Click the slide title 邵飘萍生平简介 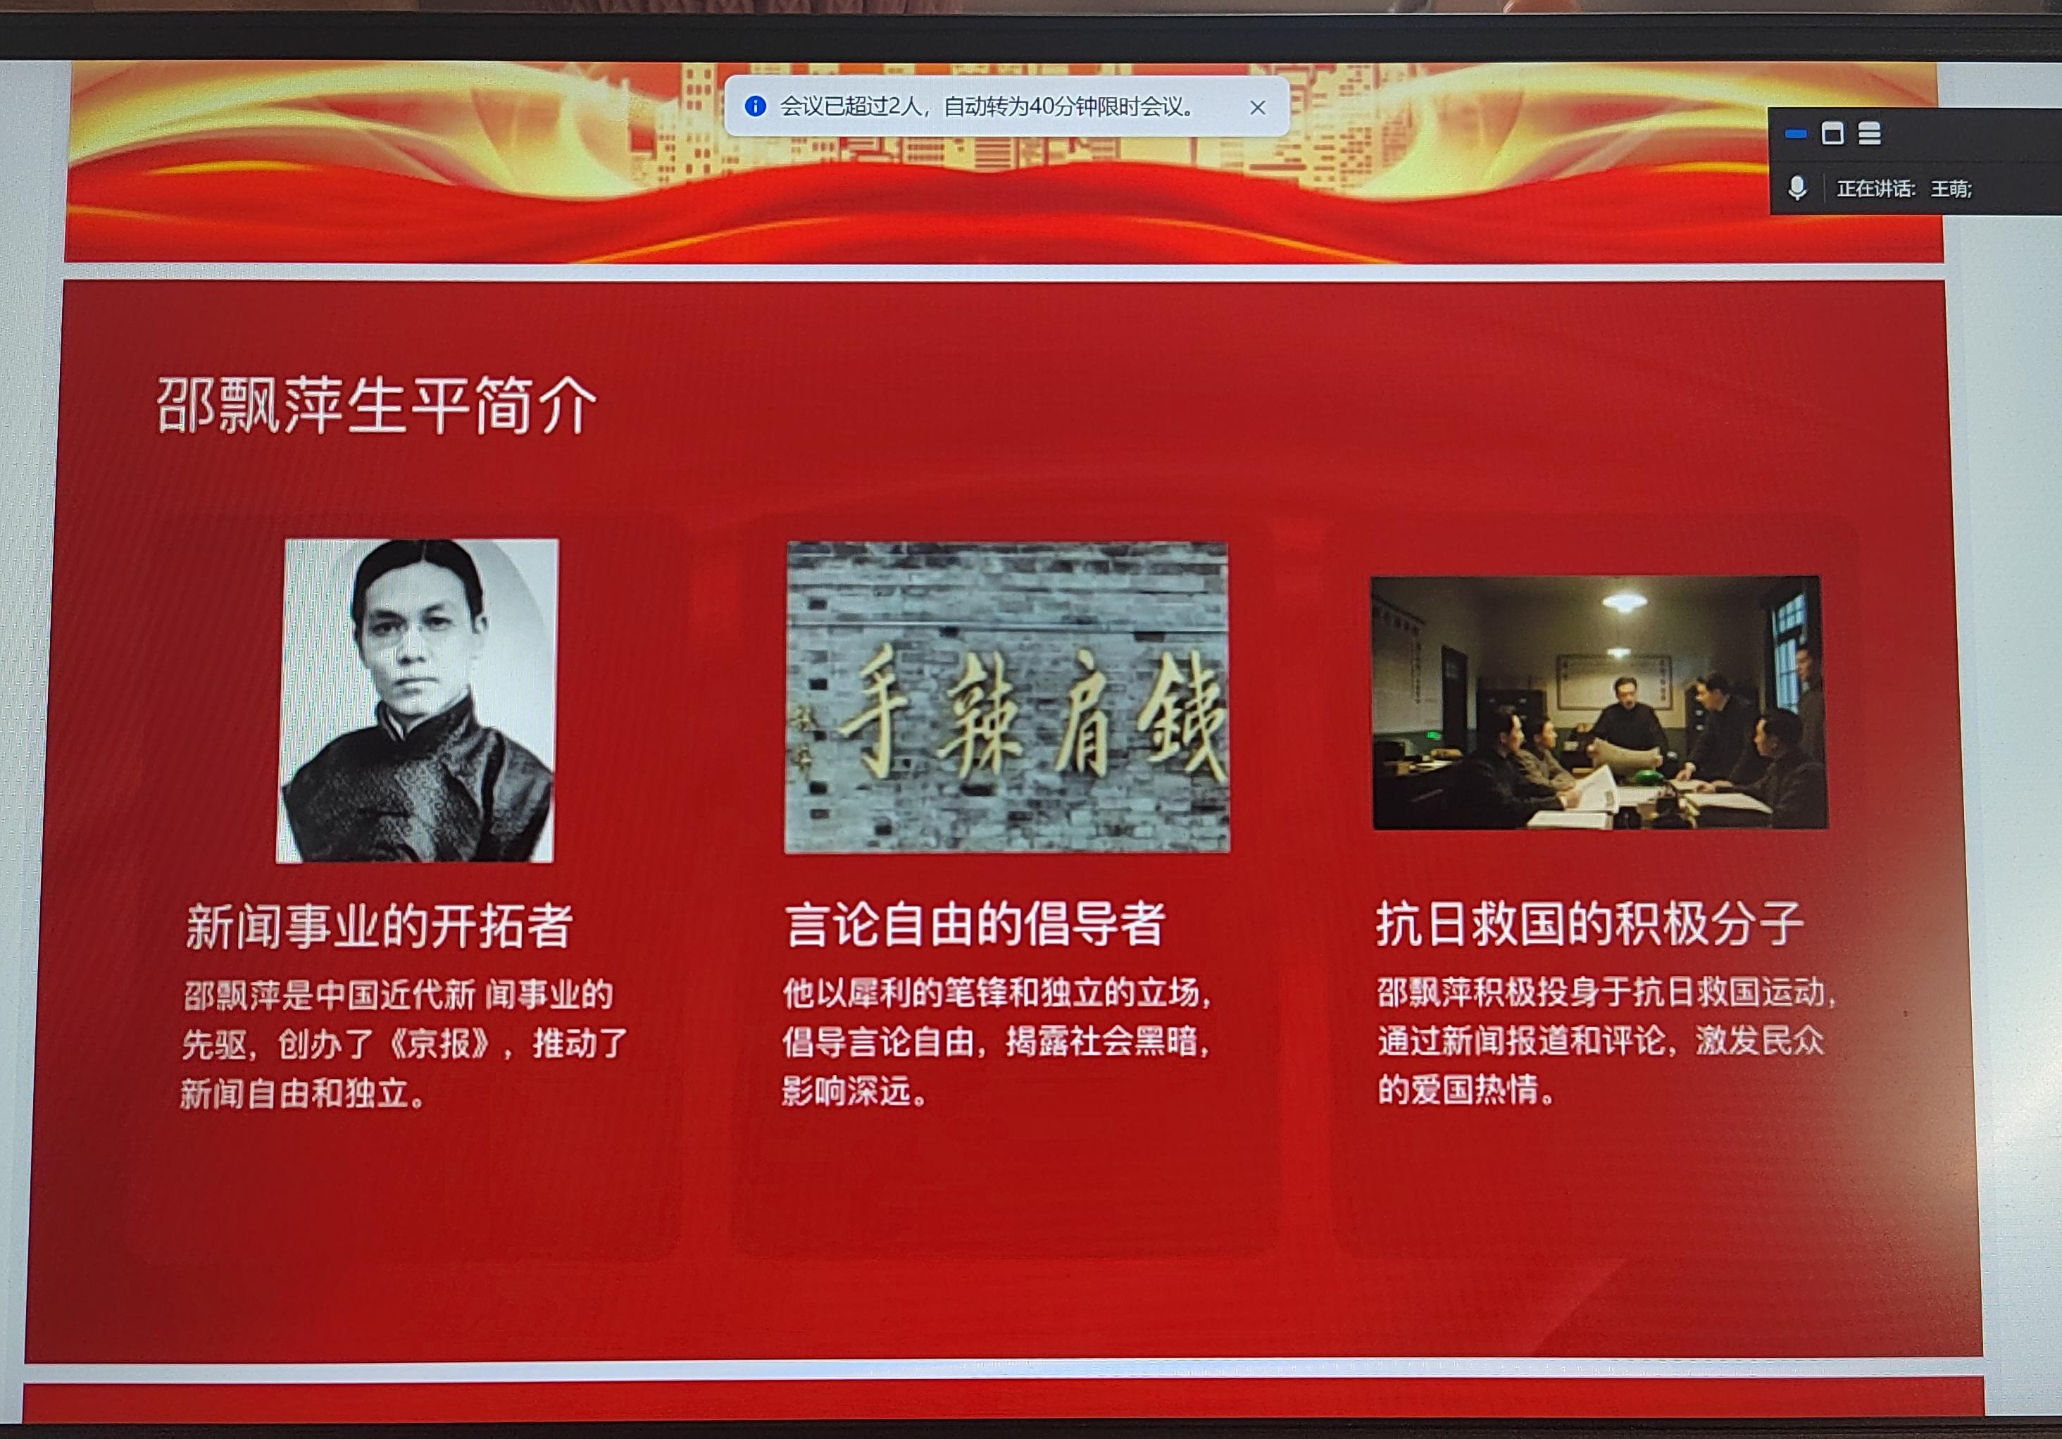(x=376, y=405)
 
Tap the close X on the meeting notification (x=1257, y=108)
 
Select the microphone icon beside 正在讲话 (x=1797, y=188)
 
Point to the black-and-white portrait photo (x=417, y=701)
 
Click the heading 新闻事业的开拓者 (x=379, y=926)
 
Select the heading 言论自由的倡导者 (x=975, y=924)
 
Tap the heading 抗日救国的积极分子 (x=1589, y=923)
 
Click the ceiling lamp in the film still (x=1624, y=602)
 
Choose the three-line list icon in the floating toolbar (x=1870, y=134)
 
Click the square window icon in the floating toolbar (x=1833, y=134)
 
